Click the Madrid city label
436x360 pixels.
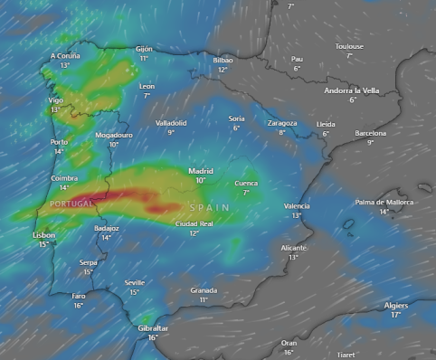(201, 170)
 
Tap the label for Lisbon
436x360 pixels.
(43, 235)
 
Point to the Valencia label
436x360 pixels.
(297, 206)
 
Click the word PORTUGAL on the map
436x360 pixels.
(71, 204)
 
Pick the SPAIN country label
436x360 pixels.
(209, 208)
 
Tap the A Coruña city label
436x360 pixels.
(65, 56)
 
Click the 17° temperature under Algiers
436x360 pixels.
(395, 315)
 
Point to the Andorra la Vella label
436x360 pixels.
(353, 90)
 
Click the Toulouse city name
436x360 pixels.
(349, 46)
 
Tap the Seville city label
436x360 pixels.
(135, 282)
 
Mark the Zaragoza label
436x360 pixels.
(281, 123)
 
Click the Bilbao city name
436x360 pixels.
(223, 60)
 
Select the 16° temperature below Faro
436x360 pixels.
(79, 306)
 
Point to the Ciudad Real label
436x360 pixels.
(194, 223)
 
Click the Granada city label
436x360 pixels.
(204, 290)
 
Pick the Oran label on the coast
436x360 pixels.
(289, 343)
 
